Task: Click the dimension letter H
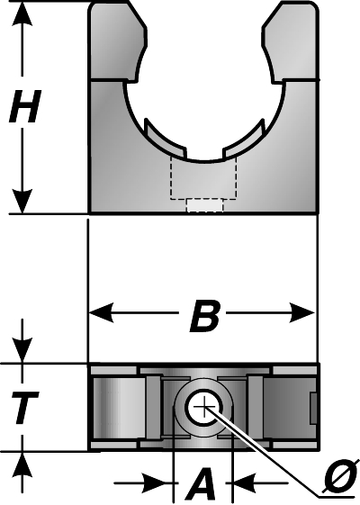point(25,106)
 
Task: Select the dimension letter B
point(205,316)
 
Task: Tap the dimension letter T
point(24,407)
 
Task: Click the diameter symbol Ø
point(339,480)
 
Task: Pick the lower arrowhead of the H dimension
point(22,202)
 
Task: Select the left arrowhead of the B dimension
point(102,312)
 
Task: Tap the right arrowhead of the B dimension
point(302,312)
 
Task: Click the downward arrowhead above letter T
point(22,350)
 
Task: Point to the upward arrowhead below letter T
point(22,464)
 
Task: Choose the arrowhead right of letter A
point(246,482)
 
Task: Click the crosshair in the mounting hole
point(203,408)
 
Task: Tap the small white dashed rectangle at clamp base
point(205,205)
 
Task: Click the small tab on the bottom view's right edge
point(314,409)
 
